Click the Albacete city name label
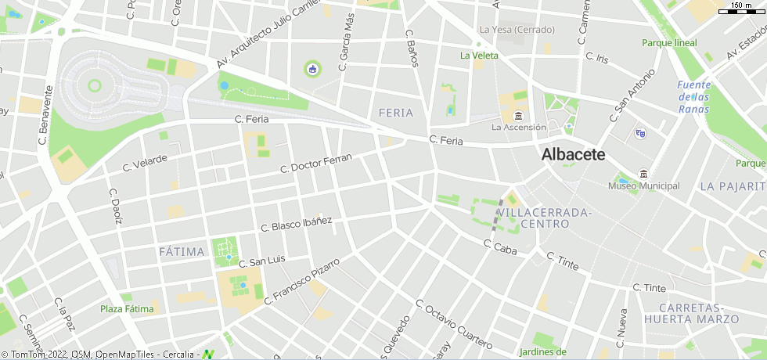pos(573,155)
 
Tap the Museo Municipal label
pos(643,186)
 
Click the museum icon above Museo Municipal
pos(643,173)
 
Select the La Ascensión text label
pos(518,127)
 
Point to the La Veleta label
pos(479,56)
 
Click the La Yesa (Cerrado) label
pos(517,30)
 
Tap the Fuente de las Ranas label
pos(694,96)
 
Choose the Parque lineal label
pos(669,43)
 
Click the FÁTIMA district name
pos(182,251)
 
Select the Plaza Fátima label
pos(127,309)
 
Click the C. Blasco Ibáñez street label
pos(296,224)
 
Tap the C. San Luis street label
pos(262,261)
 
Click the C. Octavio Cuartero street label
pos(453,324)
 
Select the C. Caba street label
pos(501,249)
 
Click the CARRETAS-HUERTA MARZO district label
pos(691,313)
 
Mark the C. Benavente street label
pos(45,121)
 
